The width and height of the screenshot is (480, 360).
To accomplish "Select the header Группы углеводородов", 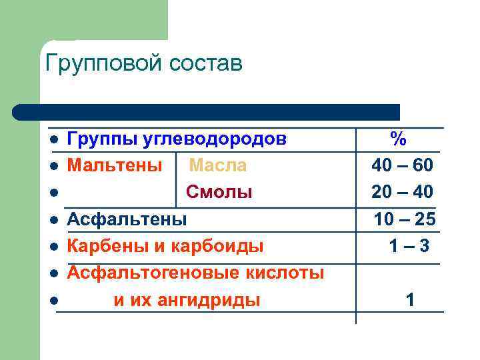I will (177, 139).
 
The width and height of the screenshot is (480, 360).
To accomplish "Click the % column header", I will (399, 139).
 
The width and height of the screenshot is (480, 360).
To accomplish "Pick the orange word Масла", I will (217, 165).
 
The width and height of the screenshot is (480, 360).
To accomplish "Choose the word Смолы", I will (219, 192).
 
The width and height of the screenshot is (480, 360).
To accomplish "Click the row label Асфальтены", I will (127, 219).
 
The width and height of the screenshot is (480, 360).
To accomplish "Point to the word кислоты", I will (291, 273).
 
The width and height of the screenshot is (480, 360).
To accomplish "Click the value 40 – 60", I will (403, 165).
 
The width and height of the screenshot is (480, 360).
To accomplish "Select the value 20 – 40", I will (403, 192).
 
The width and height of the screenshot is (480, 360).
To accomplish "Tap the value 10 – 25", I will (405, 219).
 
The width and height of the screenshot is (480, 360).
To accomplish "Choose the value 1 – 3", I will (409, 246).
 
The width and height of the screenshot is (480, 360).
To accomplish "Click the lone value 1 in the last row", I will (410, 301).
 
